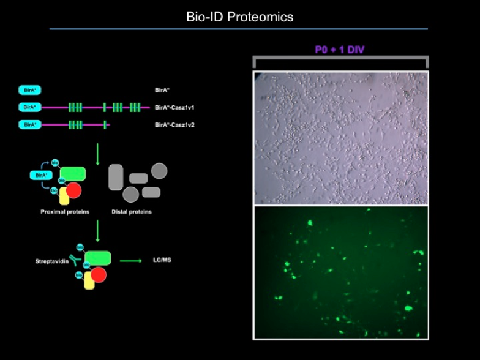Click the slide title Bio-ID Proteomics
pyautogui.click(x=239, y=17)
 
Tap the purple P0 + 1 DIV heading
pyautogui.click(x=340, y=50)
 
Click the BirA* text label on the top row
pyautogui.click(x=162, y=90)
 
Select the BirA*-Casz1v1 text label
pyautogui.click(x=174, y=107)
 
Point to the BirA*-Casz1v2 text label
pyautogui.click(x=174, y=125)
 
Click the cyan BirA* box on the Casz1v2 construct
pyautogui.click(x=29, y=125)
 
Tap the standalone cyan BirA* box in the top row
pyautogui.click(x=29, y=90)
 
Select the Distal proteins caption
pyautogui.click(x=132, y=212)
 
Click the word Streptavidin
pyautogui.click(x=51, y=261)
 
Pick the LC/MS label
pyautogui.click(x=162, y=260)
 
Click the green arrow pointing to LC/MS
pyautogui.click(x=130, y=261)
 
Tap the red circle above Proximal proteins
pyautogui.click(x=73, y=190)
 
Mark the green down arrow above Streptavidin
pyautogui.click(x=97, y=230)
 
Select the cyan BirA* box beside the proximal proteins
pyautogui.click(x=40, y=175)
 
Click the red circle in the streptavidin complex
pyautogui.click(x=98, y=275)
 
